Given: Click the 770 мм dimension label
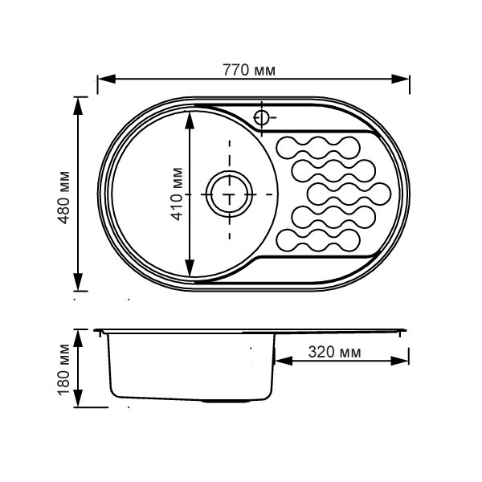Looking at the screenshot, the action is (249, 71).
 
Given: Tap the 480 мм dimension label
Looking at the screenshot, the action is (64, 198).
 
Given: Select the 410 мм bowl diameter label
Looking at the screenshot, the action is (177, 194).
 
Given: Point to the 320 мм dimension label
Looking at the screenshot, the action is (334, 352).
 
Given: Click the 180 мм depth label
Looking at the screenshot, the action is (64, 370).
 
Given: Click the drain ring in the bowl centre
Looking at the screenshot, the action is (229, 194).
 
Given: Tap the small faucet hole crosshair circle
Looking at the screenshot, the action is (261, 117).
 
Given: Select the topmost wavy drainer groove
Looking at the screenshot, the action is (318, 148).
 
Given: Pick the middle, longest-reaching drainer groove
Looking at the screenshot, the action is (349, 194).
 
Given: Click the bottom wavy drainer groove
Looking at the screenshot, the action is (318, 240).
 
